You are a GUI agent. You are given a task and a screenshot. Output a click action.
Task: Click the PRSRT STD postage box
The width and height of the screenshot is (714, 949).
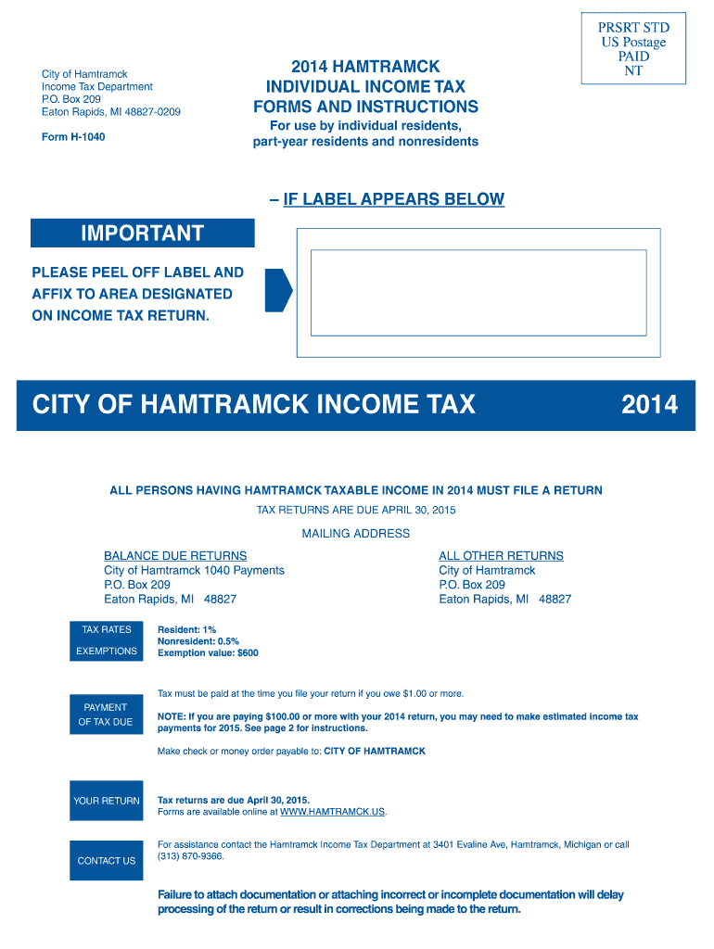tap(633, 49)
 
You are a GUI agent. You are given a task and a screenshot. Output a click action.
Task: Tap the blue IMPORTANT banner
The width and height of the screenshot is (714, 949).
tap(142, 233)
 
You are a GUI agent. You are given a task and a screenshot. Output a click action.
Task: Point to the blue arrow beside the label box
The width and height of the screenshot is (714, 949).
tap(278, 290)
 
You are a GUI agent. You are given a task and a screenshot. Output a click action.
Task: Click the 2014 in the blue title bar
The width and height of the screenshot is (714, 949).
tap(649, 404)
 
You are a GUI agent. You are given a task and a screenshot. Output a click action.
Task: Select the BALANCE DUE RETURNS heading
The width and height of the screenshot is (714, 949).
tap(175, 556)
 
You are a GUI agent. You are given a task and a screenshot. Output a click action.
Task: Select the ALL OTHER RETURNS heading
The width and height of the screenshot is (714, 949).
tap(501, 556)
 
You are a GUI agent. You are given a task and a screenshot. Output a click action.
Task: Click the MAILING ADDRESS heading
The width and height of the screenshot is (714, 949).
tap(356, 534)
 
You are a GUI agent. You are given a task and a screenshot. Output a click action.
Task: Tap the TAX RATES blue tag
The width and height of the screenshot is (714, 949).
tap(107, 630)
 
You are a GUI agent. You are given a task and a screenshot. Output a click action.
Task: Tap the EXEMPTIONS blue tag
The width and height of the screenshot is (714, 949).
tap(107, 652)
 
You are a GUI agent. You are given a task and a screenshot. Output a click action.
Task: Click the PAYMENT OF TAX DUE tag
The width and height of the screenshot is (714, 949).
tap(107, 715)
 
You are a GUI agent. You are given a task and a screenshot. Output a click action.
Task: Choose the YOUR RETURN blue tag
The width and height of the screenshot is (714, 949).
tap(107, 801)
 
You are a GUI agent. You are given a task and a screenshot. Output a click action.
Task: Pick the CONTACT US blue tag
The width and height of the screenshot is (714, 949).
tap(107, 861)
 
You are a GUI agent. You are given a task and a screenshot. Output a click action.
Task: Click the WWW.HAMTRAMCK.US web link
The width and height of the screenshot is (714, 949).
tap(332, 812)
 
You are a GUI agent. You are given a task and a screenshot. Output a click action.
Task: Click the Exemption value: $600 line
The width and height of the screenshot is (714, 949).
tap(208, 653)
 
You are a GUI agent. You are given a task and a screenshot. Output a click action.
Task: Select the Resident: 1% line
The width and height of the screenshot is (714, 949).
tap(186, 630)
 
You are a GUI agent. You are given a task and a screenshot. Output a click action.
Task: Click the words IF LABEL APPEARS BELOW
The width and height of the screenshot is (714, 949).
tap(393, 199)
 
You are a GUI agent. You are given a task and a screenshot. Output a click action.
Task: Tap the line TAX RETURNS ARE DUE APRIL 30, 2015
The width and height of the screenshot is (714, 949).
tap(356, 511)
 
